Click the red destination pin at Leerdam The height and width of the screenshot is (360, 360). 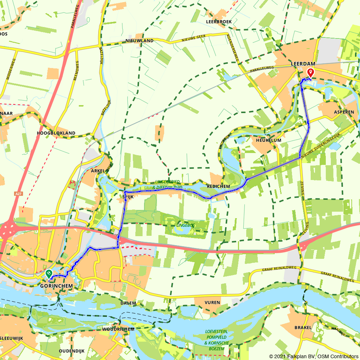pyautogui.click(x=310, y=73)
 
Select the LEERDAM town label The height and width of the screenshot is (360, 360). pyautogui.click(x=303, y=64)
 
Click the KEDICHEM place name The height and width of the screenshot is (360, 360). pyautogui.click(x=219, y=186)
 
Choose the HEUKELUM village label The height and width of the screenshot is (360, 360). pyautogui.click(x=268, y=140)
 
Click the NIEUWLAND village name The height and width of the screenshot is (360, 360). pyautogui.click(x=140, y=41)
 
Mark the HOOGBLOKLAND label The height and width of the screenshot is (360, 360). pyautogui.click(x=56, y=133)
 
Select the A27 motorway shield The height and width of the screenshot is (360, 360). pyautogui.click(x=19, y=194)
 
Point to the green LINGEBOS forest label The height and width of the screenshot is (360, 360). pyautogui.click(x=185, y=225)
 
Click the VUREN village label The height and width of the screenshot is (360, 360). pyautogui.click(x=212, y=302)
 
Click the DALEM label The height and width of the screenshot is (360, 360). pyautogui.click(x=129, y=303)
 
